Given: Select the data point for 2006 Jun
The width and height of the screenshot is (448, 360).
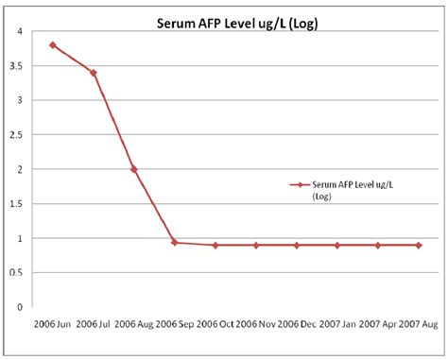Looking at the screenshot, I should pos(52,44).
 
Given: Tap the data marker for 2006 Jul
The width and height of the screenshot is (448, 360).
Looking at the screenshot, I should pos(93,73).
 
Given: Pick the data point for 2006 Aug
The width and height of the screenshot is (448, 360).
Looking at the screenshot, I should pos(133,169).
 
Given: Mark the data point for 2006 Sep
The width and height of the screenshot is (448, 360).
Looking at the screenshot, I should pos(174,242).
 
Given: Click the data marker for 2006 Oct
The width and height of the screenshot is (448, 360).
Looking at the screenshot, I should pos(215,245).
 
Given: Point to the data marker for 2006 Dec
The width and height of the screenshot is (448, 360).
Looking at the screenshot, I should pos(296,245).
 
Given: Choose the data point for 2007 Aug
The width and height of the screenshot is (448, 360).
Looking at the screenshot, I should pos(418,245).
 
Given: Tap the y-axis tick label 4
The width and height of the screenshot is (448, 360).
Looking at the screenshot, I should pos(19,31).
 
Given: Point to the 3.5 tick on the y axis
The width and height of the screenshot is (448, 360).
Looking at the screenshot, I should pos(17,66).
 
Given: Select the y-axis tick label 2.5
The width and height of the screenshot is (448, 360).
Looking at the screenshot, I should pos(17,135).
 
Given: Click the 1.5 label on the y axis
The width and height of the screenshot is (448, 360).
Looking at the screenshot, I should pos(17,204).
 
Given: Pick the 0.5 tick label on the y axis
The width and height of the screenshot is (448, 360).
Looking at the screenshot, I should pos(17,273).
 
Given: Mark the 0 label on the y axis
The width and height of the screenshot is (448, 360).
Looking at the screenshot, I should pos(19,307).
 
